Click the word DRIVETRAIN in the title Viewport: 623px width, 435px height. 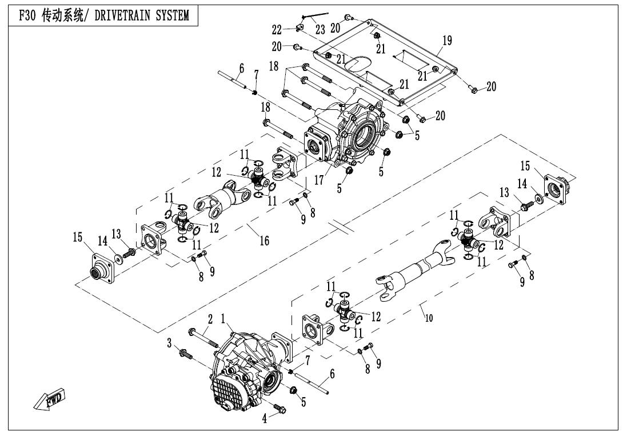coord(121,15)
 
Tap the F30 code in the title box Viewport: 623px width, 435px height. coord(28,15)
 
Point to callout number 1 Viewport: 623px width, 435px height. coord(223,318)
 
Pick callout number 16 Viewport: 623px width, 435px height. coord(264,240)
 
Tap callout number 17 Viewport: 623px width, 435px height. coord(319,180)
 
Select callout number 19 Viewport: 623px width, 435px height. coord(448,41)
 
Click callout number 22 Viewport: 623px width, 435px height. coord(277,29)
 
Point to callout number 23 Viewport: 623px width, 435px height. coord(320,29)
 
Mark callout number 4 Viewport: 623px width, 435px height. coord(265,418)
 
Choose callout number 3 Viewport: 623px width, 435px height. coord(169,343)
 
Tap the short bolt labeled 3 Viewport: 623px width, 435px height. coord(186,353)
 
